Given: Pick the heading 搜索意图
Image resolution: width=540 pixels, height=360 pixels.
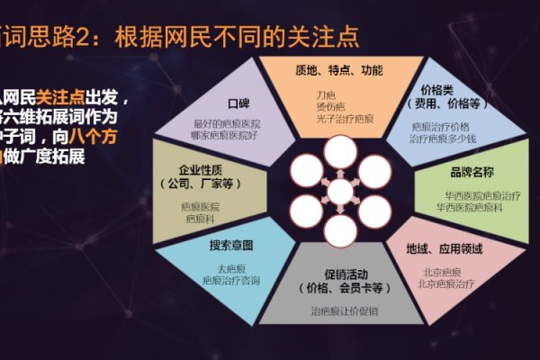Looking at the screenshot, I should pos(231,245).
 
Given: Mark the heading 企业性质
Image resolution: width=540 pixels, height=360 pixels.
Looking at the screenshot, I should pos(200,169).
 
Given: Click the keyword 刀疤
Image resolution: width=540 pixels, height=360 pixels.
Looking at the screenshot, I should pos(325,94).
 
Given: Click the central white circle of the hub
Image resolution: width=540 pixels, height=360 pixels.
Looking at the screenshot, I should pos(340,191).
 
